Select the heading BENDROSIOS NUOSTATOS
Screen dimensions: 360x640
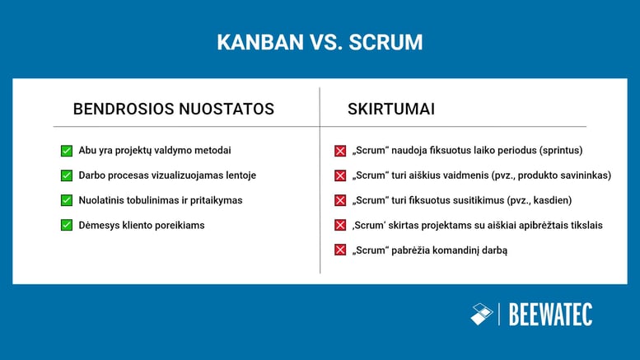point(174,109)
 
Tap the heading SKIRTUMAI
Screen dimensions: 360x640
point(391,109)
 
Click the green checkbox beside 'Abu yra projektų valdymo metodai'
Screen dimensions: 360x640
point(67,151)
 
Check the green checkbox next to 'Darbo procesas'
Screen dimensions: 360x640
point(67,175)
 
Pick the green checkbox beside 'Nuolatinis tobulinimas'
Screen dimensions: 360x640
point(67,200)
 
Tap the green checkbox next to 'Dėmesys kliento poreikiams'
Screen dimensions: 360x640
point(67,225)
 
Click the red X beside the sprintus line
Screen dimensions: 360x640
point(339,151)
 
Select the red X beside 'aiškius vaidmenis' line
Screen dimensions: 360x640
point(339,175)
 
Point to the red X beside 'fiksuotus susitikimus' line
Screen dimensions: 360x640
point(339,200)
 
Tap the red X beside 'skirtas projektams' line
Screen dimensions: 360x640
point(339,225)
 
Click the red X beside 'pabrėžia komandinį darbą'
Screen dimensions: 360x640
point(339,250)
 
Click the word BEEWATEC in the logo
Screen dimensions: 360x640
point(550,314)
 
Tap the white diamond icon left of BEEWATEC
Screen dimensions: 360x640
point(481,314)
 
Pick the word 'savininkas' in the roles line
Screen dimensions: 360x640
point(579,175)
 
